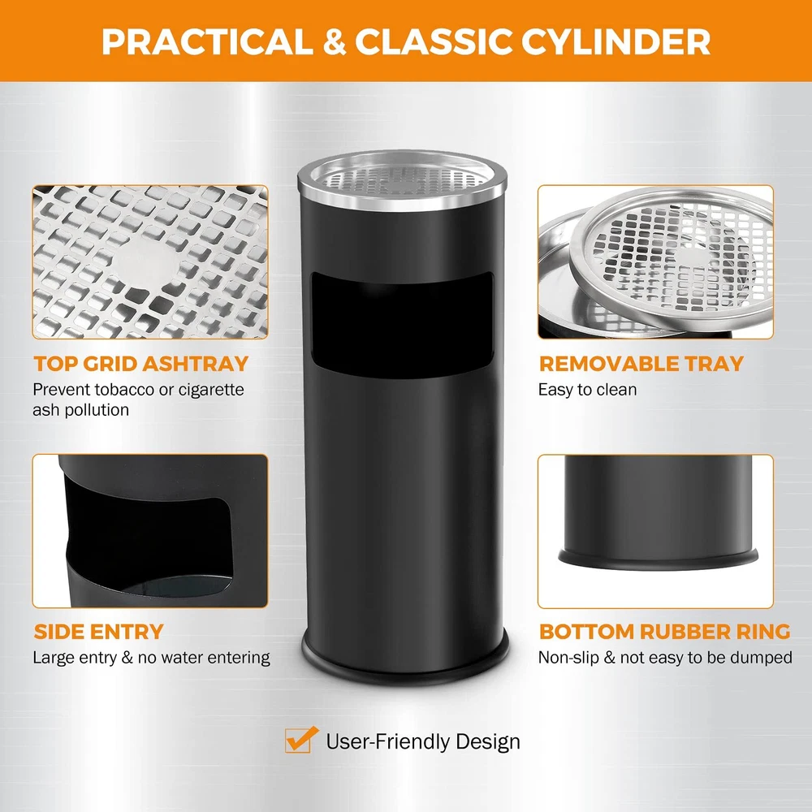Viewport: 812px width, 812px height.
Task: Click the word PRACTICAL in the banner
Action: [206, 41]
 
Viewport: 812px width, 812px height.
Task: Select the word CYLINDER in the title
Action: [616, 41]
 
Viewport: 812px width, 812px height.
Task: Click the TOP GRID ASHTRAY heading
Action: [140, 364]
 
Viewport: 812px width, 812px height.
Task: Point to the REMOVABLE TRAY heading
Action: [641, 364]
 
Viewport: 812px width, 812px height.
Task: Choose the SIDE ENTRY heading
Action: [98, 632]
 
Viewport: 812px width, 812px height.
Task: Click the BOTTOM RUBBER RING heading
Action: [664, 632]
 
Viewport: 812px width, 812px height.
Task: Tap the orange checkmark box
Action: [300, 740]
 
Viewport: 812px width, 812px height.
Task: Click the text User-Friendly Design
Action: [423, 741]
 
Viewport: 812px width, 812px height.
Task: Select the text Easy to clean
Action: [587, 390]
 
